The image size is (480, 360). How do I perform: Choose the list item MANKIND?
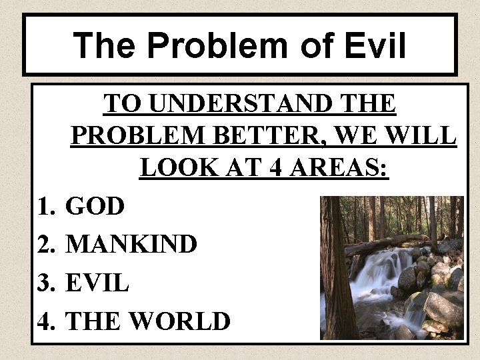(x=132, y=245)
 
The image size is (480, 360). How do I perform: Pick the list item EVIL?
(x=98, y=283)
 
